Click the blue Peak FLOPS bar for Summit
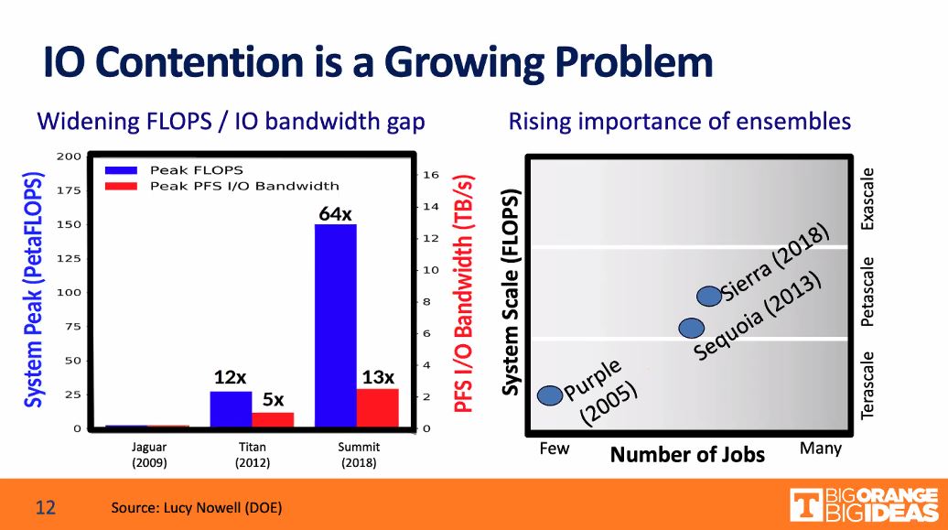(x=335, y=325)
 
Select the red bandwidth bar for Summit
(x=377, y=408)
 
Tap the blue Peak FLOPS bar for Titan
(x=231, y=409)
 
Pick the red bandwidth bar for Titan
(x=273, y=419)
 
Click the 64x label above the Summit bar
(x=335, y=213)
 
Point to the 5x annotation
(x=273, y=399)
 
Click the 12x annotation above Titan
(x=230, y=377)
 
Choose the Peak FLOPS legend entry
(x=196, y=170)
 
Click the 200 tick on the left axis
(x=69, y=157)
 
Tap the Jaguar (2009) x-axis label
(x=150, y=455)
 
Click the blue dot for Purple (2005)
(x=549, y=395)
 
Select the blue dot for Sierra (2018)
(x=708, y=296)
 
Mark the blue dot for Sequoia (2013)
(x=691, y=327)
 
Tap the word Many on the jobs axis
(x=820, y=449)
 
